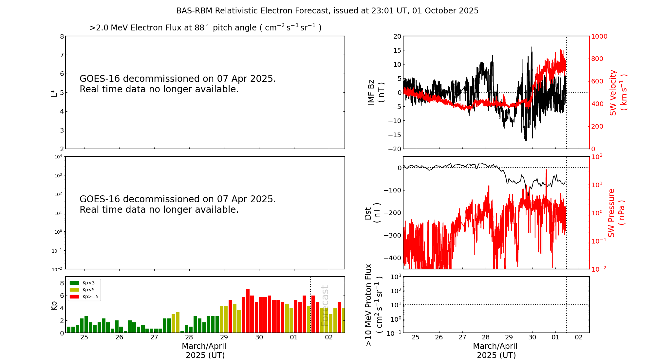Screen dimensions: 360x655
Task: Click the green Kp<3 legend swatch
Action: point(74,283)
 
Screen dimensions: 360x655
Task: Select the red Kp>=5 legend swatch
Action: point(74,297)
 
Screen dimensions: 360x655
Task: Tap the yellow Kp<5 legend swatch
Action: point(74,290)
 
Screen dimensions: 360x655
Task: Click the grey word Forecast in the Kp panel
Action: point(324,306)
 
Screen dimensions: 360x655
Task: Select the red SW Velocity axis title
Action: point(618,92)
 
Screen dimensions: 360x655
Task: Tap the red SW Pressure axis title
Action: point(616,213)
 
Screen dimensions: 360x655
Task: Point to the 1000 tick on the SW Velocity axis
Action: point(599,36)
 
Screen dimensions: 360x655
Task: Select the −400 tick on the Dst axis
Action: point(393,258)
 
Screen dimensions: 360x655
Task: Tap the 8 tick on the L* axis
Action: point(62,36)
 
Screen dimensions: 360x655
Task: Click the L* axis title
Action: point(54,93)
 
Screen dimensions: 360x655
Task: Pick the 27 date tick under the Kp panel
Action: point(154,337)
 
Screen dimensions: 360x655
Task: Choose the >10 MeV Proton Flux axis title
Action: point(374,305)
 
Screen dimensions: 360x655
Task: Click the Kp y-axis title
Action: point(54,305)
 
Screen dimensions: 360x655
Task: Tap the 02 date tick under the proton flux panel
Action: point(579,337)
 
